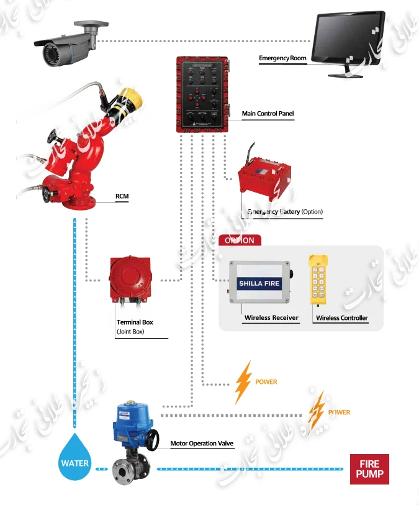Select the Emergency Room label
(282, 58)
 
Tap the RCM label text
(122, 196)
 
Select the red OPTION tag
(240, 240)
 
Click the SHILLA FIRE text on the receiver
(259, 284)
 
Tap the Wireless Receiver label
(271, 318)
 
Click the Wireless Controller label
(341, 318)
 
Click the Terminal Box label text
(135, 322)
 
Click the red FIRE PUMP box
(369, 470)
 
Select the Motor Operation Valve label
(202, 444)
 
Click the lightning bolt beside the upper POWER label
(243, 382)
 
